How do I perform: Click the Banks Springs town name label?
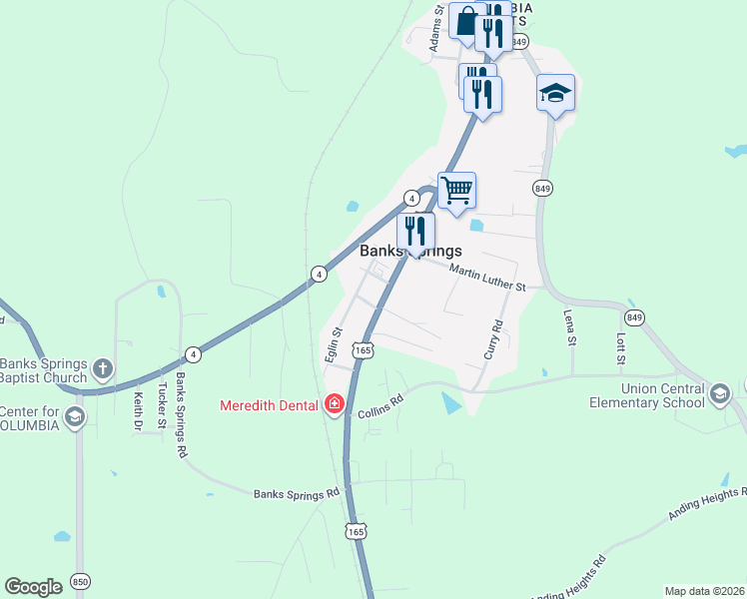[x=410, y=253]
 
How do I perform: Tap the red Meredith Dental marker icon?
[x=335, y=404]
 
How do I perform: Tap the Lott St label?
[x=620, y=346]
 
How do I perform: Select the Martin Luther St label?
[x=487, y=279]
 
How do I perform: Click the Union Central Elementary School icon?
[x=720, y=394]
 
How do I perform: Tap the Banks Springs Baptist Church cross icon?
[x=102, y=370]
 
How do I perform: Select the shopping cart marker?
[x=456, y=189]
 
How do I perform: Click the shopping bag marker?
[x=467, y=20]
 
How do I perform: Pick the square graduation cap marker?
[x=555, y=93]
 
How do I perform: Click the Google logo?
[x=34, y=587]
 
